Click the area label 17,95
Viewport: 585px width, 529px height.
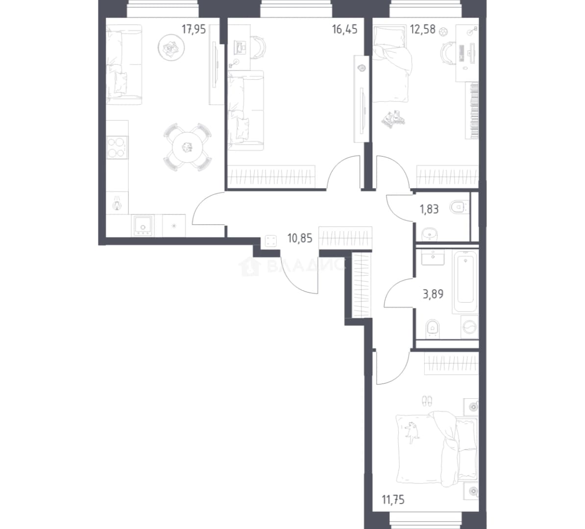coord(194,29)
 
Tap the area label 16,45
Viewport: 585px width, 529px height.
coord(345,29)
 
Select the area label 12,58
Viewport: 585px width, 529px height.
coord(423,29)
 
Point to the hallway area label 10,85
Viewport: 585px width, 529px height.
coord(299,238)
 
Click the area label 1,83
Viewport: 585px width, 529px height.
coord(429,209)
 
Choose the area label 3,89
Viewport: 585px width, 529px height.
coord(433,294)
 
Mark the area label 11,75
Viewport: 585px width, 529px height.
coord(393,499)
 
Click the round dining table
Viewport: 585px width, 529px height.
coord(187,147)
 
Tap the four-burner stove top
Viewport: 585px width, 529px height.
coord(117,147)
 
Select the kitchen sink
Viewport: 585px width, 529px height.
coord(143,226)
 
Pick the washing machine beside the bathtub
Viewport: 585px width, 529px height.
coord(470,328)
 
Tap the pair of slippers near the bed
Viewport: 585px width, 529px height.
coord(427,402)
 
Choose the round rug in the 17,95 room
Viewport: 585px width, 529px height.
coord(171,48)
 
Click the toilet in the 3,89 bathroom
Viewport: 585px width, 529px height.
coord(433,329)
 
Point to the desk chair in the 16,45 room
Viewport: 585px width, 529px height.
coord(258,47)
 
